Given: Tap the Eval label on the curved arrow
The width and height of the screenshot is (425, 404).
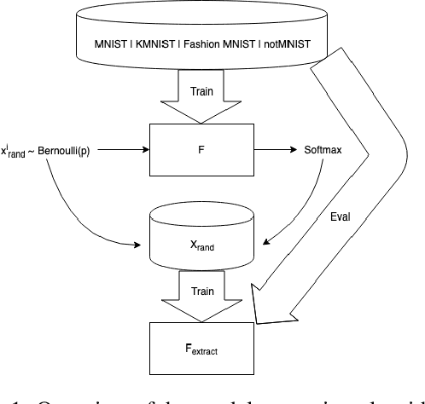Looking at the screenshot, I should pyautogui.click(x=341, y=217).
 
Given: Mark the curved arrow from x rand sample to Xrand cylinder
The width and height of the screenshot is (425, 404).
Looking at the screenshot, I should pyautogui.click(x=68, y=209).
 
